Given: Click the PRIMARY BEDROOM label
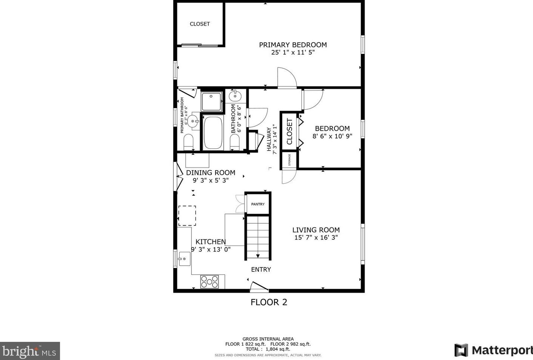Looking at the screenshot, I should coord(293,45).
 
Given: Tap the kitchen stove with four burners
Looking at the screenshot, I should coord(209,282).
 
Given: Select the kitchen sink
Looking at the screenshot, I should coord(184,259).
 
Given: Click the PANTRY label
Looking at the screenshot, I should coord(258,204).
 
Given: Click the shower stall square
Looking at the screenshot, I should coord(212,101).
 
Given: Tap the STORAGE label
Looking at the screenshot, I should coord(289,160).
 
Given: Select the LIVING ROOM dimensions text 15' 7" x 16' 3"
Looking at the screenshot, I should coord(316,238).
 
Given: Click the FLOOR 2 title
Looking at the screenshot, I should coord(269,302).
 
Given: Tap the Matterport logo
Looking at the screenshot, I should coord(493,350).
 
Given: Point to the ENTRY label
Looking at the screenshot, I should coord(261,270).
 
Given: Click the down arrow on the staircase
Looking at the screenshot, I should coord(258,256).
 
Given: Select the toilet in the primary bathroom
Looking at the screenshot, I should coord(188,142).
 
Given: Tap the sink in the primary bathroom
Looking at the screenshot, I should coord(194,121).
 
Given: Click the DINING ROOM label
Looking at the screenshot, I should coord(211,173).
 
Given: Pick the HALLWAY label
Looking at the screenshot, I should coord(269,139).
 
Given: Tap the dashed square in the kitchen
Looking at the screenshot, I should coord(187,215).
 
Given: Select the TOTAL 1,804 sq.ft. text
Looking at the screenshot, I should coord(268,349).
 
